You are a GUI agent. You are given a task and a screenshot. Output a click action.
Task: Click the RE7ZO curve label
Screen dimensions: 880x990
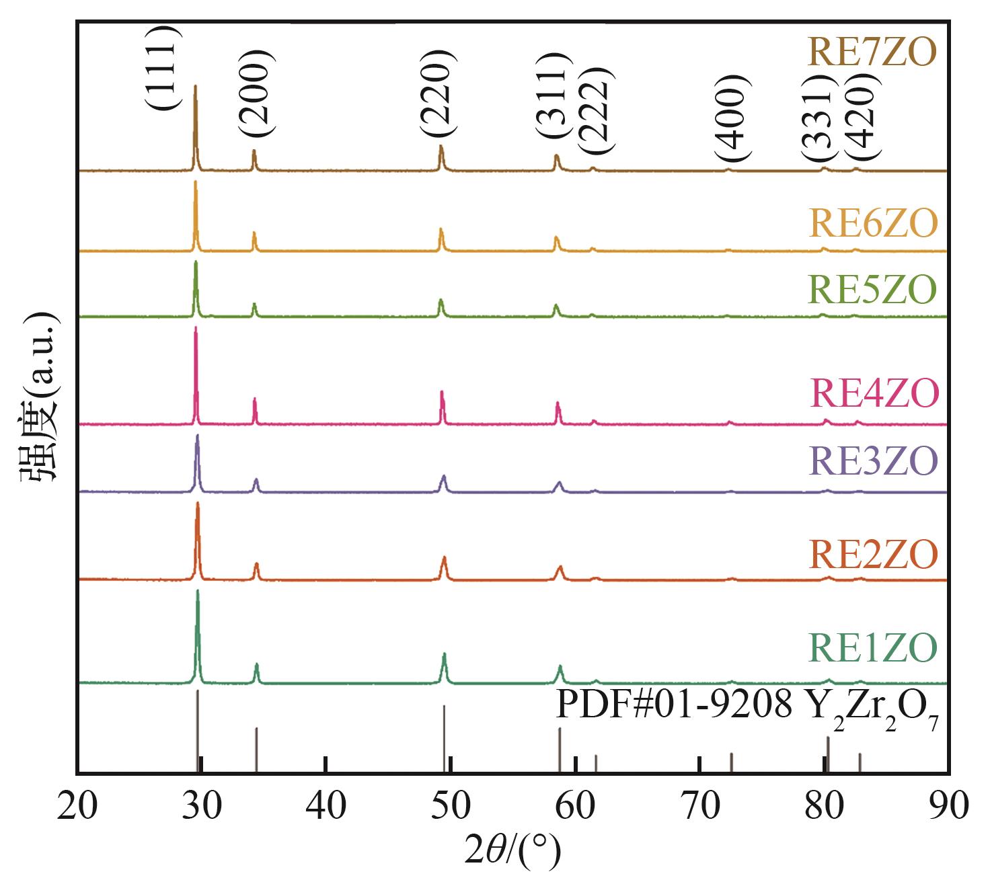(872, 52)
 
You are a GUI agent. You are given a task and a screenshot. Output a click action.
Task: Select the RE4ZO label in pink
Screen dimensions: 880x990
(872, 394)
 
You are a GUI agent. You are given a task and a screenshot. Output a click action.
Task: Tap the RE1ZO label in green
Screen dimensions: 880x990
(872, 649)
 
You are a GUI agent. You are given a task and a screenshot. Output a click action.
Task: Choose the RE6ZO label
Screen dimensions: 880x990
(872, 223)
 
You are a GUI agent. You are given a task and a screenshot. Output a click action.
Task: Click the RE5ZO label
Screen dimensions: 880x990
(872, 290)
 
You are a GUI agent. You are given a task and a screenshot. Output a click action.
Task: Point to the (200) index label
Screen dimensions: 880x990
(255, 94)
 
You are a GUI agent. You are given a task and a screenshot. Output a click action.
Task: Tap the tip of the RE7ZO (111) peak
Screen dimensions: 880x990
(195, 86)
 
